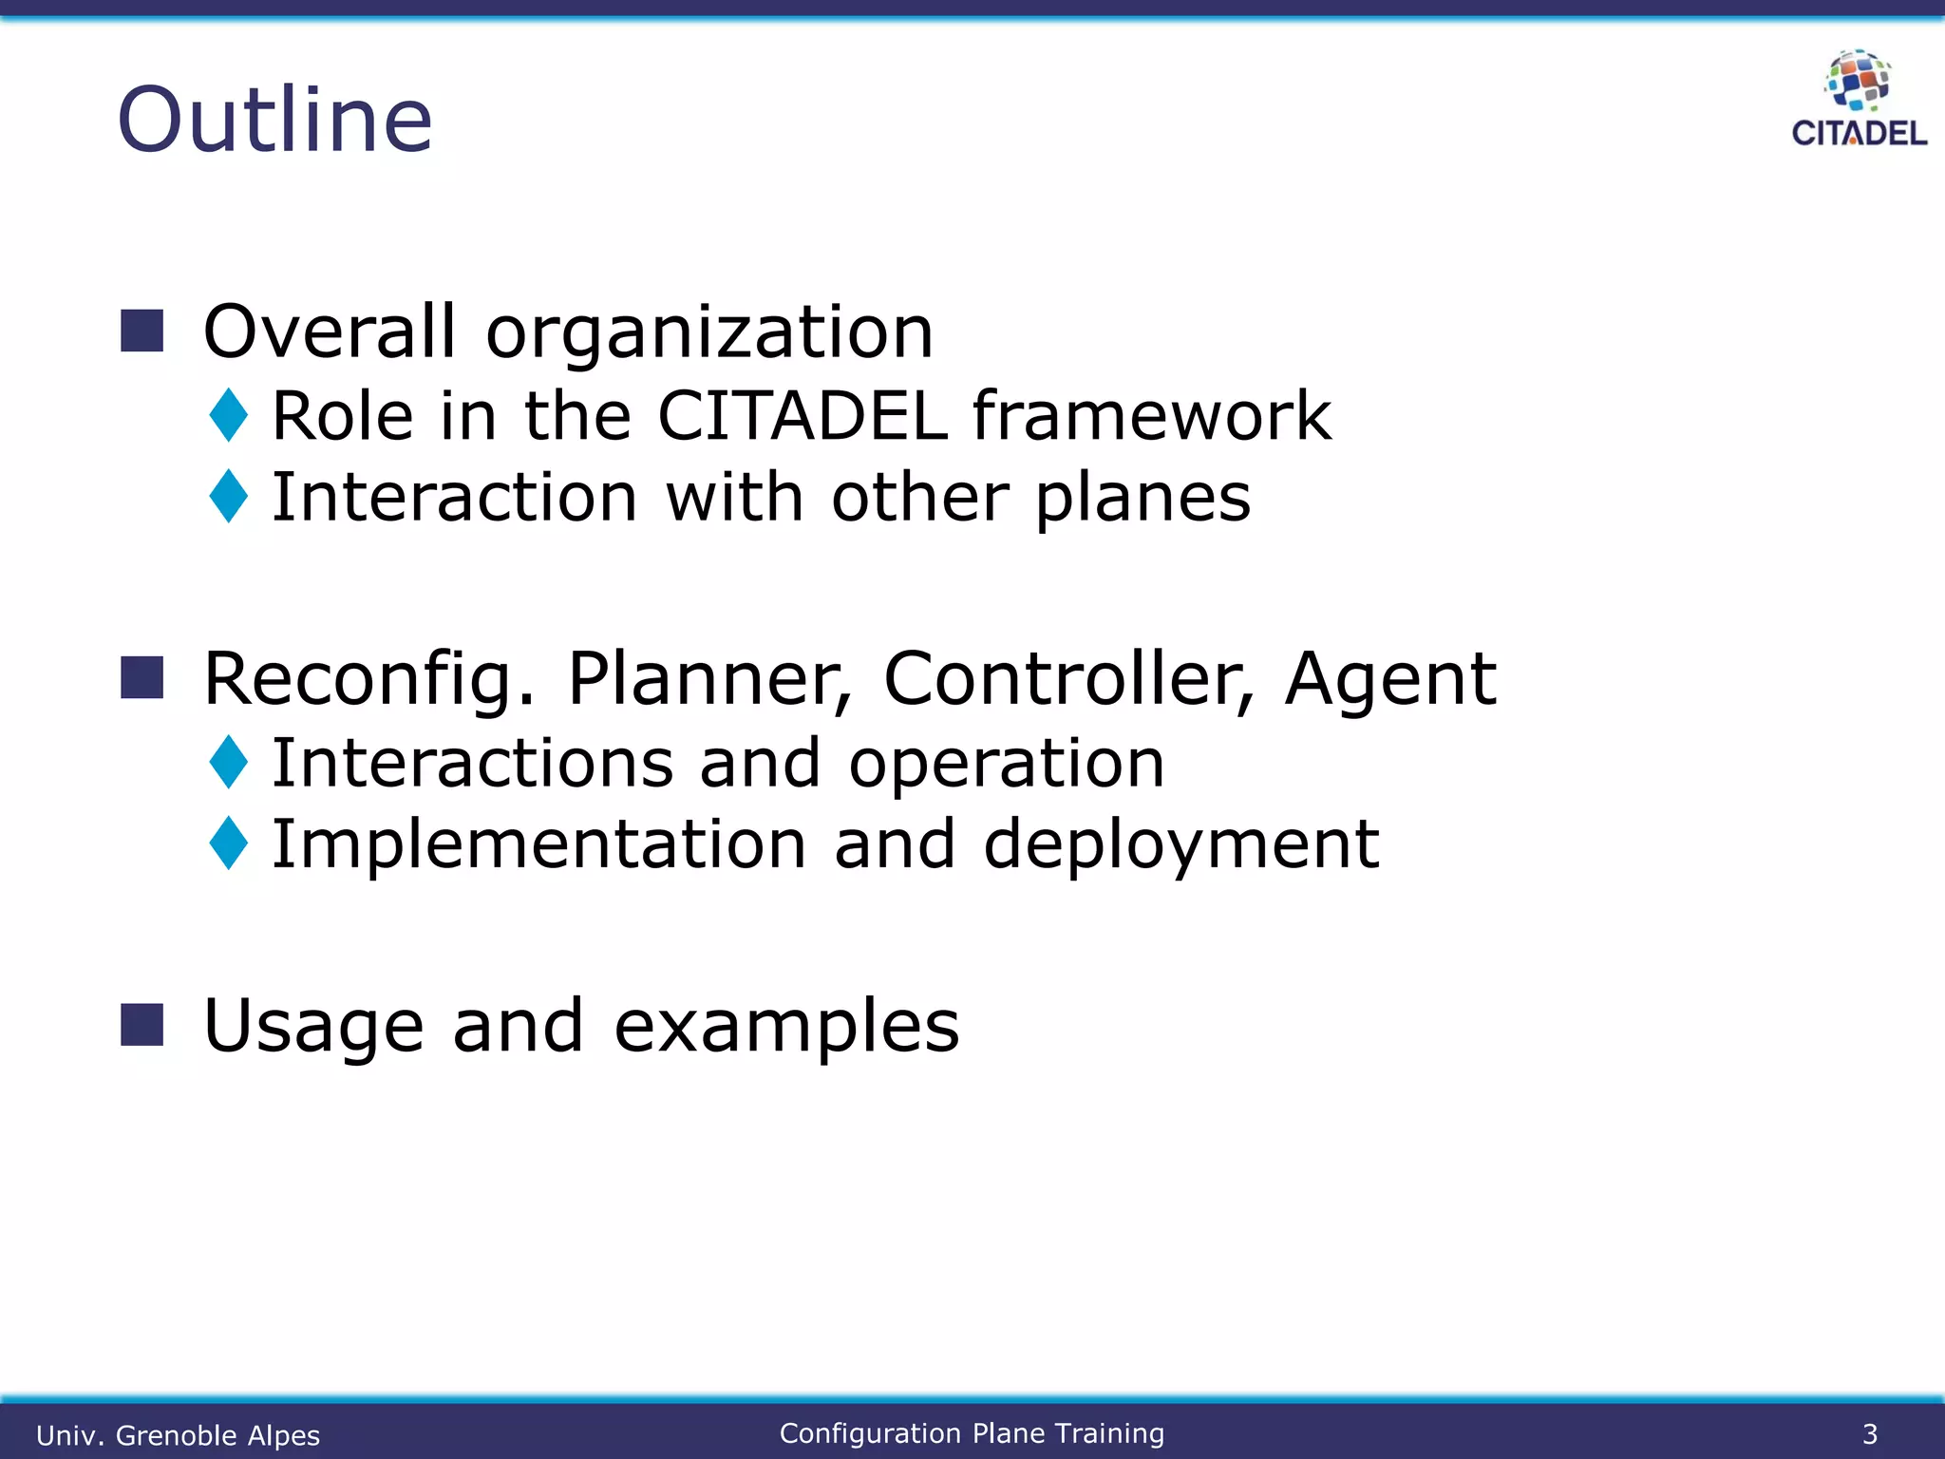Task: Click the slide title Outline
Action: point(274,120)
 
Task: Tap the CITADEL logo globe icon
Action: point(1858,80)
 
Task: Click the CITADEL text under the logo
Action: point(1859,133)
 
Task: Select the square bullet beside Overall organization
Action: point(142,331)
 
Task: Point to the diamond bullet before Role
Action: point(229,415)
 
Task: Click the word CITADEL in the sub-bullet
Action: point(803,416)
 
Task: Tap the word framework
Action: point(1152,416)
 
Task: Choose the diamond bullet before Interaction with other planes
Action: point(229,496)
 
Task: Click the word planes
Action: point(1142,500)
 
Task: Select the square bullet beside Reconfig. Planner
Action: point(142,677)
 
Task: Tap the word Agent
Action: point(1389,680)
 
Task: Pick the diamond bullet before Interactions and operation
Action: point(229,762)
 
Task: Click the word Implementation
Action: point(538,844)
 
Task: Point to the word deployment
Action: point(1180,844)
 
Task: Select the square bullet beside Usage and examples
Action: point(142,1024)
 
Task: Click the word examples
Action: point(786,1028)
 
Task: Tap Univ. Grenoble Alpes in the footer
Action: point(178,1434)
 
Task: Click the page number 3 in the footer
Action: point(1869,1433)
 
